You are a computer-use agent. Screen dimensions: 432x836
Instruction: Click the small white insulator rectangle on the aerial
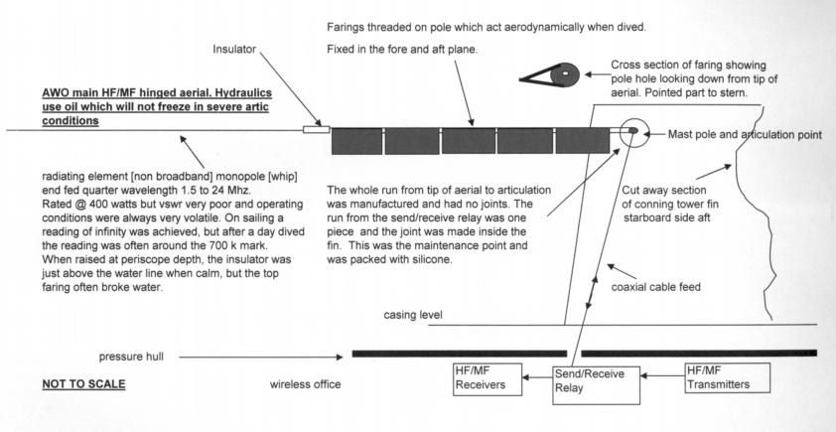click(x=316, y=129)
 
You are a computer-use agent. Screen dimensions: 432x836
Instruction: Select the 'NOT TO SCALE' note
click(x=84, y=382)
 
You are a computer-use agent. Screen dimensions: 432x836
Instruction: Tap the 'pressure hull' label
click(x=134, y=355)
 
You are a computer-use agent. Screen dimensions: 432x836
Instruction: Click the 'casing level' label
click(x=414, y=315)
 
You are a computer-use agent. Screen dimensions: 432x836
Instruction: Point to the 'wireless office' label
click(x=310, y=382)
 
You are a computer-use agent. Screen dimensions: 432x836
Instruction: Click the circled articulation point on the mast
click(x=634, y=130)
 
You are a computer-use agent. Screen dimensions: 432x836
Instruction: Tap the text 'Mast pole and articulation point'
click(x=745, y=133)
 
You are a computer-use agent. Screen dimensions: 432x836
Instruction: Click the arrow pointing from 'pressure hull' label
click(x=258, y=354)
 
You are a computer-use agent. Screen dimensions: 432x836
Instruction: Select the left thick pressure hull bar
click(x=459, y=353)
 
